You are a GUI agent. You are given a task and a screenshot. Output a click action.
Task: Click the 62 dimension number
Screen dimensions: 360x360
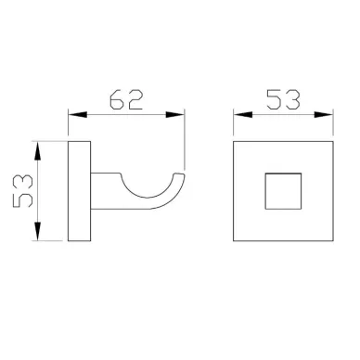[126, 99]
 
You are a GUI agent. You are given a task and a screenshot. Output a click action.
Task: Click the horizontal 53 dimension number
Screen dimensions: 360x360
[283, 99]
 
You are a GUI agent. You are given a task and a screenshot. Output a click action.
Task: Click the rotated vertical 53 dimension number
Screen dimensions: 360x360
[22, 191]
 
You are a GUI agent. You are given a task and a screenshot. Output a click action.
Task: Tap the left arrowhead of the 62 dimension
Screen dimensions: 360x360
[77, 115]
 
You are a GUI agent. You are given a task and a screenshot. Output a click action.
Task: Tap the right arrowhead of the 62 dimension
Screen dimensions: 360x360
[175, 115]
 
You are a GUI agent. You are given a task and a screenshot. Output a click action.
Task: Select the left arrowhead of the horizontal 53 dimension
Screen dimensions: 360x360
[243, 115]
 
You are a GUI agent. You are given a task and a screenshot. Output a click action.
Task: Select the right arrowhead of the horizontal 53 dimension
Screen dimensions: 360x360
[324, 115]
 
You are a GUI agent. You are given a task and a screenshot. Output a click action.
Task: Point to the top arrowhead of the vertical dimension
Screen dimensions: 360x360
[37, 150]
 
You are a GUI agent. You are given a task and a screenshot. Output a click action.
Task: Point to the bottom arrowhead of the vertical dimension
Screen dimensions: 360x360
[37, 231]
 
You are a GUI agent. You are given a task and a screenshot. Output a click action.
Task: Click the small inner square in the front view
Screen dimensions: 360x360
[283, 174]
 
